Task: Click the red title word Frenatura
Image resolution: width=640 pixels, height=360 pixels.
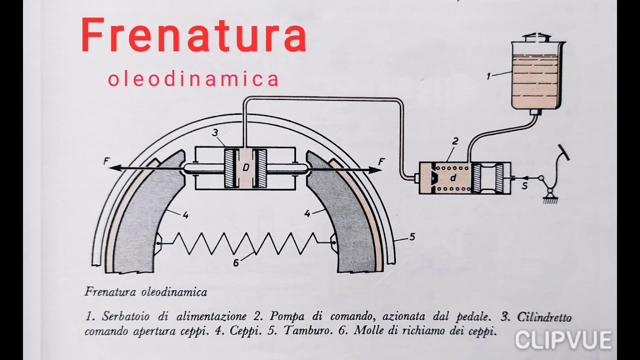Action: point(194,34)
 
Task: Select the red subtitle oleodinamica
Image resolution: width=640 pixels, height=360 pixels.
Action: point(193,79)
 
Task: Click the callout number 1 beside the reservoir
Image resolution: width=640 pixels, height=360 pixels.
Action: point(489,76)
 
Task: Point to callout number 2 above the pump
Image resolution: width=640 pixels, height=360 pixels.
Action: point(455,141)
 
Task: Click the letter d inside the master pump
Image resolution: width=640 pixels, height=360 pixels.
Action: point(453,177)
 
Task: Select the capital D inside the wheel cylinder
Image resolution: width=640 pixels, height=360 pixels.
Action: point(245,167)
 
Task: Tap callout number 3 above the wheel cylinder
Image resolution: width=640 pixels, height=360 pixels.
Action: point(215,132)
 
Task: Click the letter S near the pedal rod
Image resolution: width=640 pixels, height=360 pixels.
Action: point(524,186)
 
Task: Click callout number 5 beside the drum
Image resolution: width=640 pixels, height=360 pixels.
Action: point(412,237)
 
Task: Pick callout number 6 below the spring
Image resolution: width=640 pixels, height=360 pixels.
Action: point(236,263)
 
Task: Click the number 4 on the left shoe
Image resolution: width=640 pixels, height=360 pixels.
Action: point(185,215)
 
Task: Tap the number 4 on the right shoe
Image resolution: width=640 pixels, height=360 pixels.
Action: point(307,213)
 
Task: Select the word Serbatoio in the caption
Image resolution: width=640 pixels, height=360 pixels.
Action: point(125,316)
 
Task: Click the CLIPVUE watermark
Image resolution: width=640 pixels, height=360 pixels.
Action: point(563,340)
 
